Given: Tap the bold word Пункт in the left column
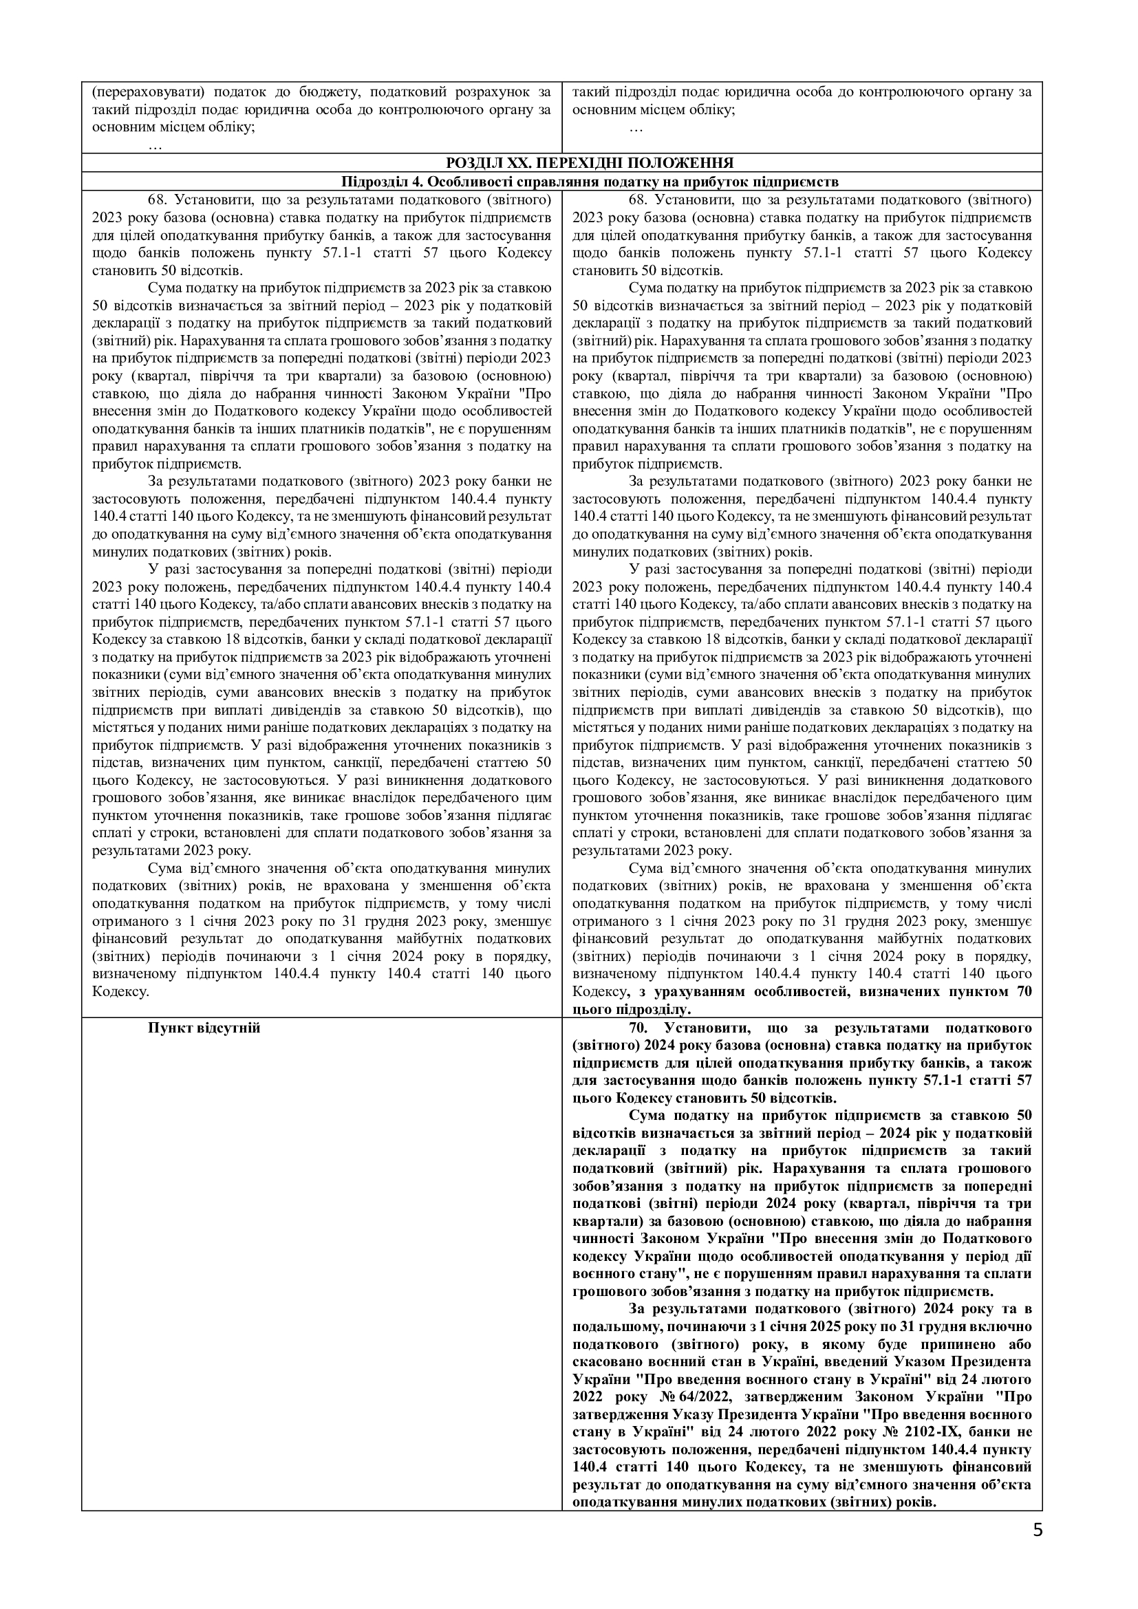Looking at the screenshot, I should coord(168,1028).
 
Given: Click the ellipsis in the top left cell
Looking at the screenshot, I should coord(155,146).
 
